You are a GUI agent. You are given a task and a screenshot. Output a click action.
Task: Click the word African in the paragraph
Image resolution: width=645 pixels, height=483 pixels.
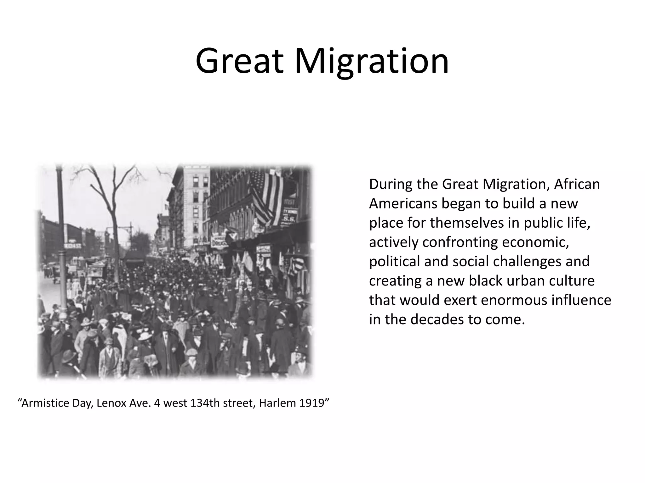[x=577, y=184]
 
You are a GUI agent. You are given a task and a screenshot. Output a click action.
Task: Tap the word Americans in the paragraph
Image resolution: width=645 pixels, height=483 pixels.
[x=403, y=204]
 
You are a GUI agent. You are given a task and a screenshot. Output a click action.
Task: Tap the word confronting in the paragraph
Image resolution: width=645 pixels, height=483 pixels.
[x=460, y=242]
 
